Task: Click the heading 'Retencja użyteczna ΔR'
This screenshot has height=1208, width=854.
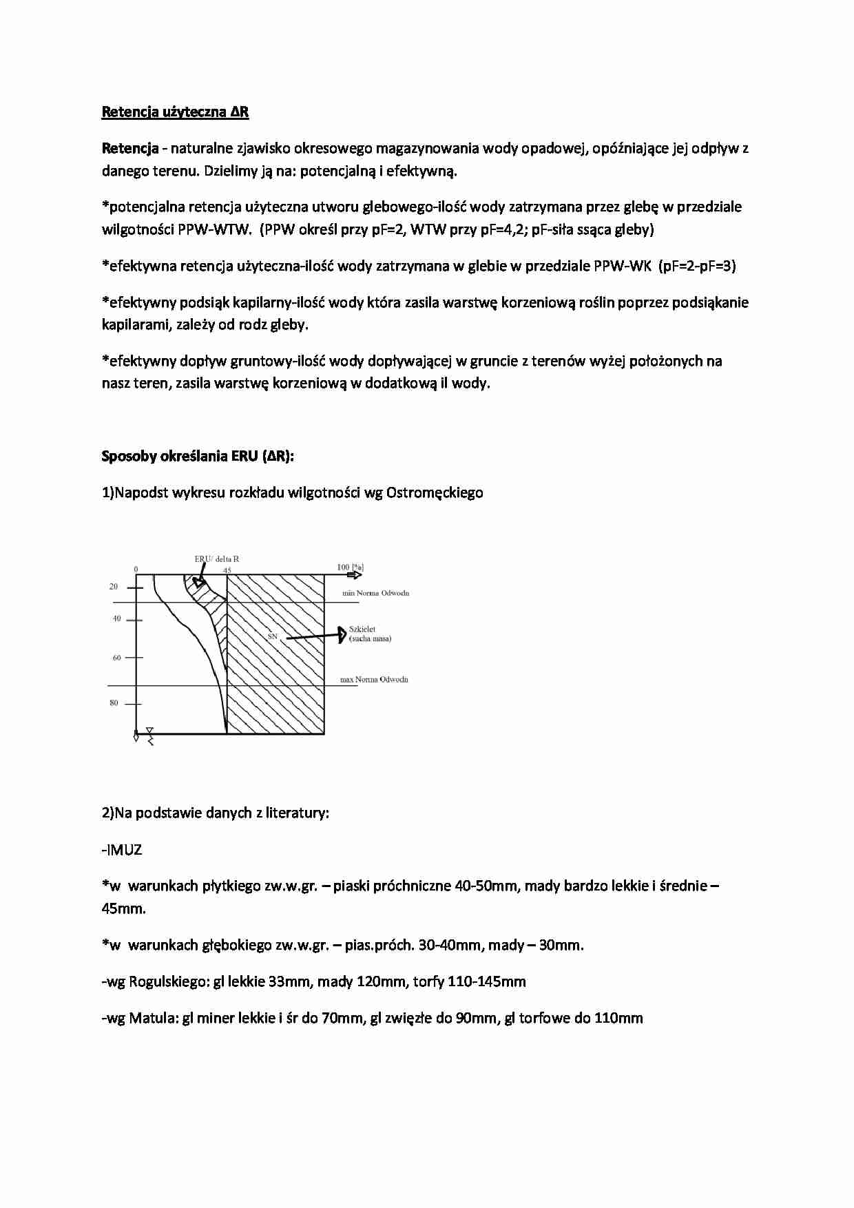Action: pos(175,112)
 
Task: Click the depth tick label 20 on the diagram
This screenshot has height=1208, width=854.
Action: pos(114,587)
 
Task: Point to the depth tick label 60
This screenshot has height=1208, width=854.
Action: pos(116,658)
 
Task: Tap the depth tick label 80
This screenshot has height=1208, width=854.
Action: pos(114,703)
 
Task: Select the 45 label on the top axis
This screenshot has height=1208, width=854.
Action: pos(227,570)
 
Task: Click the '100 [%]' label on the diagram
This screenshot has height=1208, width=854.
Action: pos(350,567)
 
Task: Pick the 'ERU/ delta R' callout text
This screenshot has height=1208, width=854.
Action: pos(216,559)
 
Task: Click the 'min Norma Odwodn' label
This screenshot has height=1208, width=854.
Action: pos(375,593)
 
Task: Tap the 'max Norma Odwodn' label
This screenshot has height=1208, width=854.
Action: pos(374,680)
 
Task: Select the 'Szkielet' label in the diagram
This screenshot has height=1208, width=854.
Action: pos(362,629)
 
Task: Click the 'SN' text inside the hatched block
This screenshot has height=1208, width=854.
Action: pos(272,637)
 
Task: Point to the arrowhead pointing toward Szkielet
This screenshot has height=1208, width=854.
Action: pos(340,634)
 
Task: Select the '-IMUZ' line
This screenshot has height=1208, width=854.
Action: pos(122,849)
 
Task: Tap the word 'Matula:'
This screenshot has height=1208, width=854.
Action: pos(154,1018)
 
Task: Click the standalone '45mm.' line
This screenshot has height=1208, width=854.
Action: pos(124,908)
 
